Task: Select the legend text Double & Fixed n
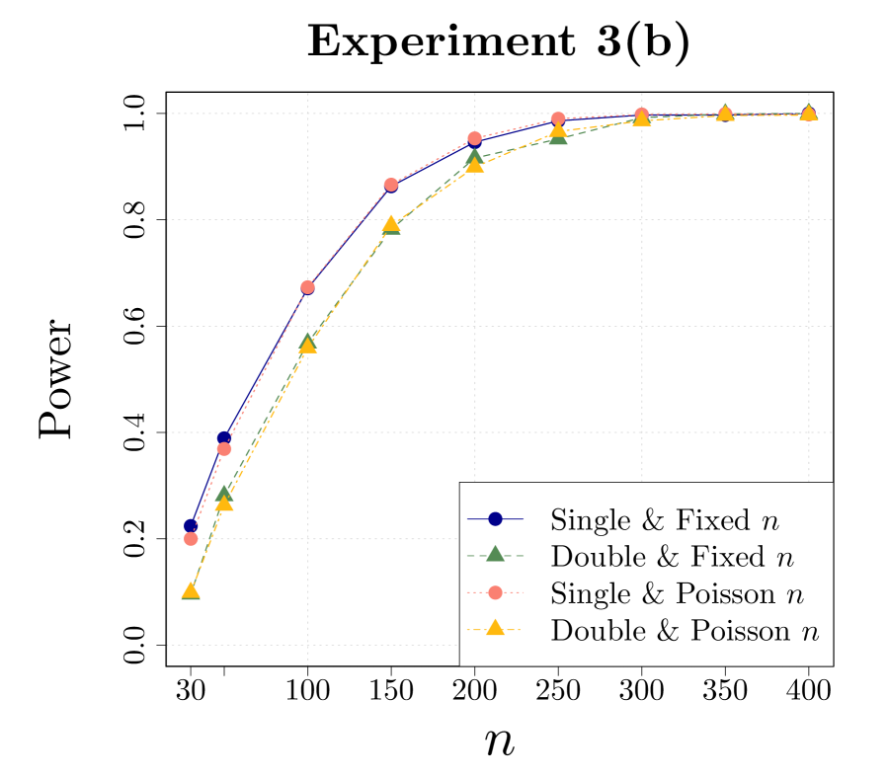(x=672, y=557)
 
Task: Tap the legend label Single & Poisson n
(x=677, y=594)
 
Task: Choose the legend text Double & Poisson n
(x=685, y=631)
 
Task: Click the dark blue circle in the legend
(x=496, y=519)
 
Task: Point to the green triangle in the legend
(x=496, y=555)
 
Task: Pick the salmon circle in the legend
(x=496, y=592)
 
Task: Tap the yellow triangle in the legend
(x=496, y=629)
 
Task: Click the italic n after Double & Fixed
(x=784, y=559)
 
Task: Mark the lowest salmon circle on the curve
(x=192, y=539)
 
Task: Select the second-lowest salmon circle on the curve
(x=224, y=449)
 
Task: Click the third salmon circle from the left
(x=307, y=287)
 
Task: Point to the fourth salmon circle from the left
(x=391, y=185)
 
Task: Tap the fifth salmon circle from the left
(x=474, y=138)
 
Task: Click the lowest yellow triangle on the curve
(x=191, y=591)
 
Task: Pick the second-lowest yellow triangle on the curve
(x=224, y=504)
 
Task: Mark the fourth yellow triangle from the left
(x=391, y=225)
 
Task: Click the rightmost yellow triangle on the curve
(x=808, y=113)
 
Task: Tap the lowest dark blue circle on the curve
(x=191, y=525)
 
